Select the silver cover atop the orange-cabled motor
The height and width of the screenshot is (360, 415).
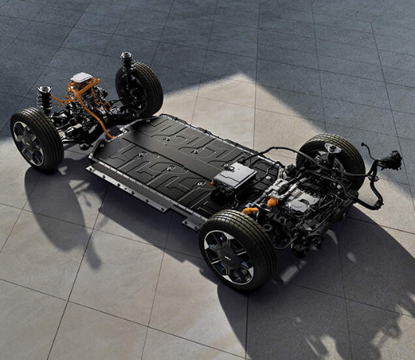[82, 78]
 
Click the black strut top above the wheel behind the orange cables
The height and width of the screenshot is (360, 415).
[126, 58]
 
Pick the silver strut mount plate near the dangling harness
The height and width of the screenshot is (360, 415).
[333, 149]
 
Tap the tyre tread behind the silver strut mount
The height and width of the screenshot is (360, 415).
[349, 157]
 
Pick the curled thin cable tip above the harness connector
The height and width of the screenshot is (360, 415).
[365, 146]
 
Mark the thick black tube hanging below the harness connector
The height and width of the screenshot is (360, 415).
[379, 192]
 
